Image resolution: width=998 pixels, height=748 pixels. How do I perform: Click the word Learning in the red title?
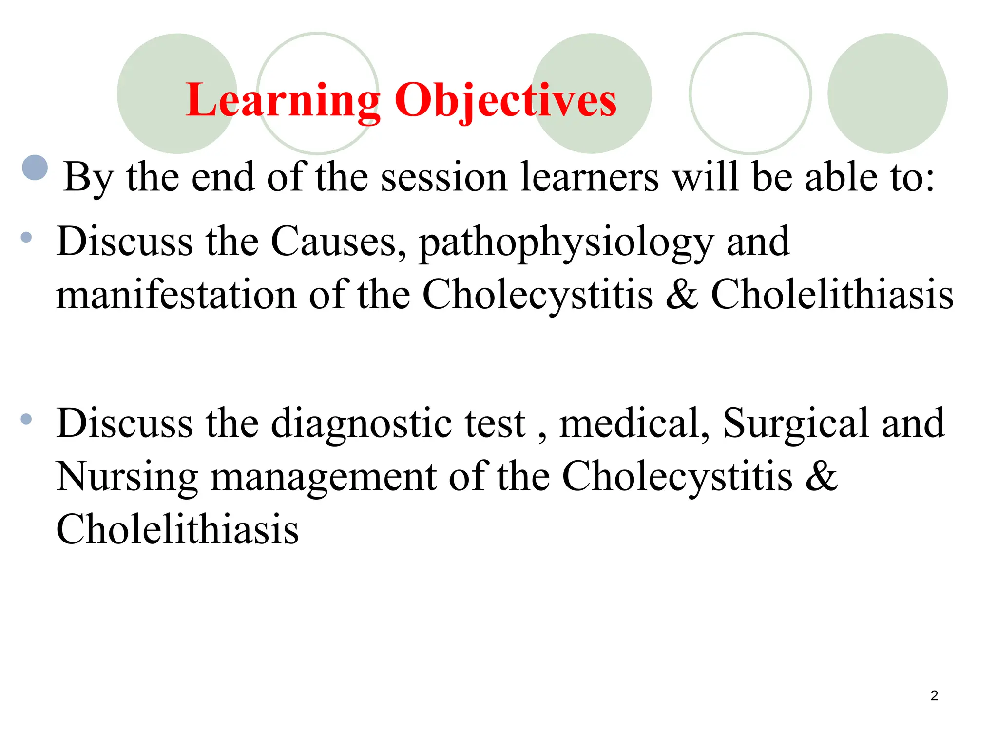point(283,100)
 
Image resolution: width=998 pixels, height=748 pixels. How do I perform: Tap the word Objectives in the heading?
point(505,100)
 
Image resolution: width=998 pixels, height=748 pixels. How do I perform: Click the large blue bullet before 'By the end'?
point(35,168)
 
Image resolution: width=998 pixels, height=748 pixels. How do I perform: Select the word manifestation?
point(176,295)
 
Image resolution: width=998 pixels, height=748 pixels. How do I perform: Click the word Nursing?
point(127,477)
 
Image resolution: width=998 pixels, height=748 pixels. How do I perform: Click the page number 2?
point(934,695)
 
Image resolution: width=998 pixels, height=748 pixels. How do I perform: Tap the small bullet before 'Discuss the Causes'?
point(26,238)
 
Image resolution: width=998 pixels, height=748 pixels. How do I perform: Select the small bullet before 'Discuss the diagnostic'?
point(26,419)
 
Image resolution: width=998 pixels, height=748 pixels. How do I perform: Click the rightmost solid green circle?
point(887,93)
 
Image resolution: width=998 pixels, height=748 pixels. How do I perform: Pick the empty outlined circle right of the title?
point(750,93)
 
